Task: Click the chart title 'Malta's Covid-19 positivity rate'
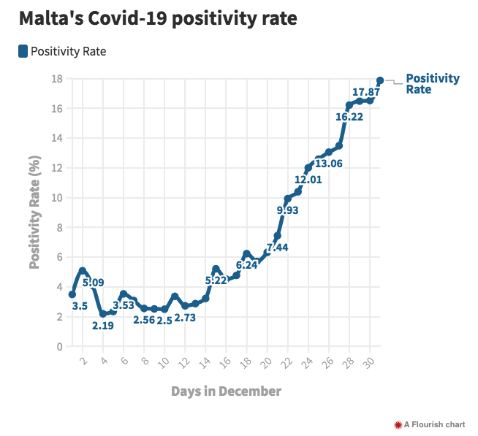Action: click(x=158, y=19)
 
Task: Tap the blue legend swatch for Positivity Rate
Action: click(x=23, y=51)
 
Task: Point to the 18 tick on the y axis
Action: click(x=56, y=79)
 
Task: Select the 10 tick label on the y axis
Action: click(x=56, y=198)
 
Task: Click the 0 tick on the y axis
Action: click(x=59, y=347)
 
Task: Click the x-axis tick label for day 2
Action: click(x=83, y=360)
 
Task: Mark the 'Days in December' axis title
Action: click(x=226, y=391)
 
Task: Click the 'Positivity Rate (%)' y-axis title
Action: click(x=34, y=212)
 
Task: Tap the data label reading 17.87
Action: click(x=365, y=92)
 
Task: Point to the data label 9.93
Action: click(x=289, y=210)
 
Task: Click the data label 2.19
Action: click(x=103, y=325)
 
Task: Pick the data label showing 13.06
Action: click(x=329, y=164)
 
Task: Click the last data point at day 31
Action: click(x=380, y=80)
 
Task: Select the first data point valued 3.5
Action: click(x=72, y=294)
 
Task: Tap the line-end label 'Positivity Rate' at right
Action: click(x=433, y=84)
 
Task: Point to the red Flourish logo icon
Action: click(x=398, y=424)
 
